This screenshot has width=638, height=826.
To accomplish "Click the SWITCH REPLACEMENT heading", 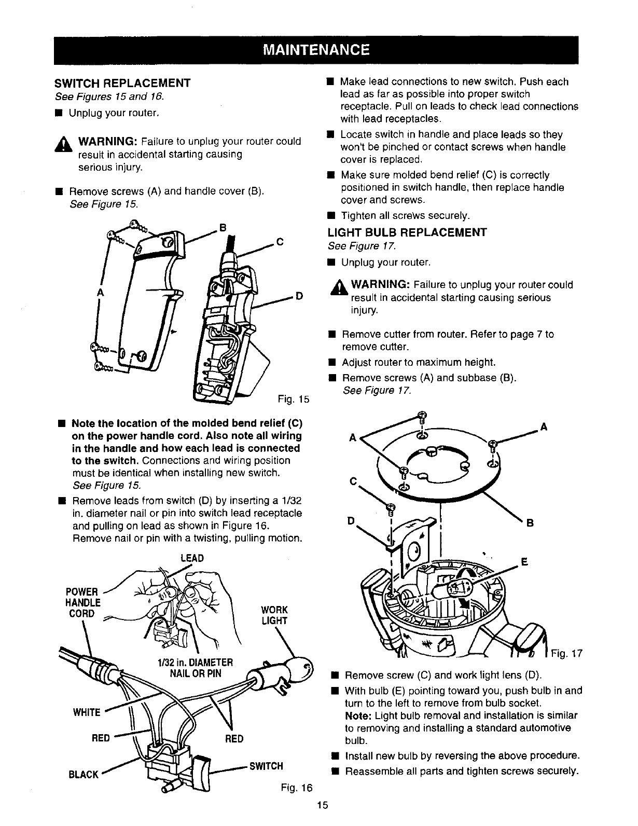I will pyautogui.click(x=123, y=83).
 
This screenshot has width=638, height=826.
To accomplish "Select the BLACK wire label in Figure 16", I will pyautogui.click(x=84, y=775).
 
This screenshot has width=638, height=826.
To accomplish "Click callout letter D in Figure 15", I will pyautogui.click(x=299, y=296).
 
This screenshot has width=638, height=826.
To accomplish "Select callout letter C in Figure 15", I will pyautogui.click(x=280, y=241).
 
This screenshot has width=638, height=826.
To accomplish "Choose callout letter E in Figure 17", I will pyautogui.click(x=524, y=561).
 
